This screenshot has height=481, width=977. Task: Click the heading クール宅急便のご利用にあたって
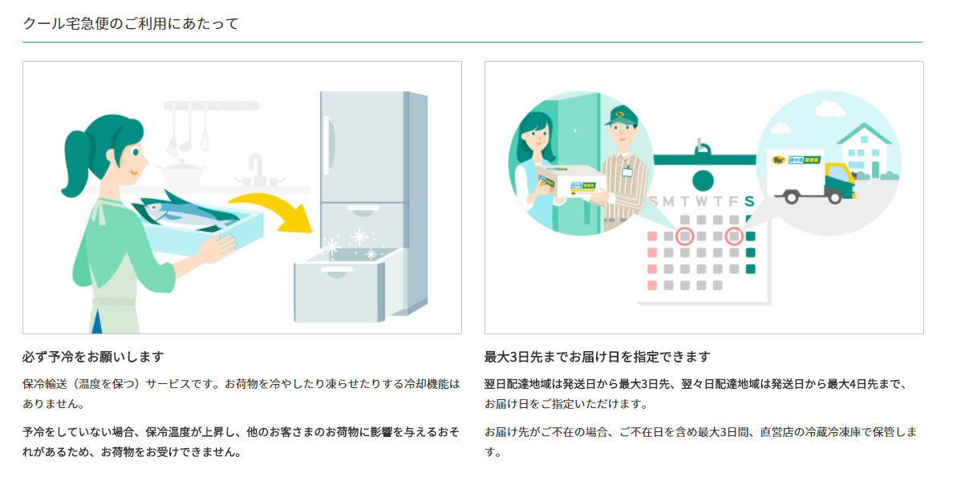coord(131,23)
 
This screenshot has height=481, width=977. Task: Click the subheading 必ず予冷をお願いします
coord(93,357)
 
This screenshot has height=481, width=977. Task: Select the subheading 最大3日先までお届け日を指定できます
coord(597,357)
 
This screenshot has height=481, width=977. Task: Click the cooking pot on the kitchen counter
coord(184,172)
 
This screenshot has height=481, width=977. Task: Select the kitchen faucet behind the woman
coord(255,168)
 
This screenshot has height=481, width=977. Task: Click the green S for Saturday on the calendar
coord(749,201)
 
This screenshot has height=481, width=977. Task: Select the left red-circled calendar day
coord(684,236)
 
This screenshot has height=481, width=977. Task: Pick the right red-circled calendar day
coord(733,236)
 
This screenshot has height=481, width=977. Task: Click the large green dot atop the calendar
coord(703,180)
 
